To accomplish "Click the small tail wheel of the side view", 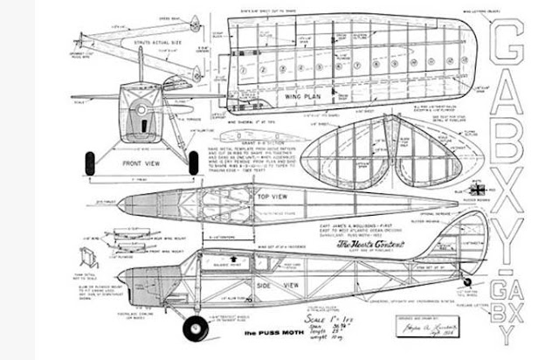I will coord(467,281).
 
